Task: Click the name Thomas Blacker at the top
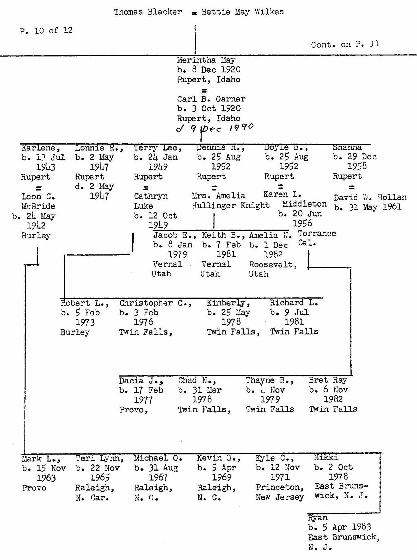coord(148,12)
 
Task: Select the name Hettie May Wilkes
coord(242,12)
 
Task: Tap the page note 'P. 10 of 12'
coord(46,31)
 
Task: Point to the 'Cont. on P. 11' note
coord(345,44)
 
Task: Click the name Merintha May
coord(206,60)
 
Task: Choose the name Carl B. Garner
coord(211,99)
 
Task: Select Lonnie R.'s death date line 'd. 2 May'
coord(94,186)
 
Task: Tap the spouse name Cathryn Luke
coord(151,201)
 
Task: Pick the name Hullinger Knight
coord(230,206)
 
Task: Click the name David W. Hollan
coord(370,197)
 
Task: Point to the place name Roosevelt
coord(273,265)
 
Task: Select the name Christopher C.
coord(155,303)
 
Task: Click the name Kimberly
coord(228,303)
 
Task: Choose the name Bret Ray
coord(328,380)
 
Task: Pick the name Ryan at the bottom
coord(318,518)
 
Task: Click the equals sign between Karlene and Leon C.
coord(39,188)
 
